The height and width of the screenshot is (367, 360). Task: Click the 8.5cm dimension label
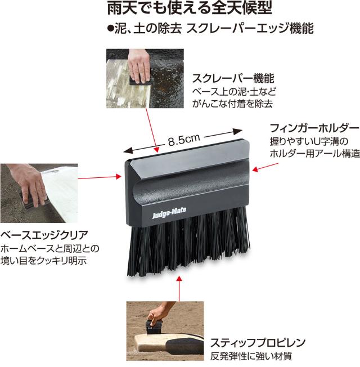pos(184,140)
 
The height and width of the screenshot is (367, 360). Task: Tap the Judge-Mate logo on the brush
pos(169,213)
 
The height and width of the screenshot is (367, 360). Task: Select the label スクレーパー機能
pos(233,78)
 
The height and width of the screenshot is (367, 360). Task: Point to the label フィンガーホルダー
pos(314,128)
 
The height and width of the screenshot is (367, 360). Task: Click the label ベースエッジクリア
pos(44,235)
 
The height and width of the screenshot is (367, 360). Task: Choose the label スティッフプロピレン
pos(258,343)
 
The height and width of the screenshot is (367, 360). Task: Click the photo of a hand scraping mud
pos(145,78)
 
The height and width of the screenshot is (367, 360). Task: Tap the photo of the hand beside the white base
pos(39,193)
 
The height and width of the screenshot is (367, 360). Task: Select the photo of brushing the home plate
pos(165,331)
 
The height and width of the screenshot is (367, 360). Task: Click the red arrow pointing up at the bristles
pos(179,288)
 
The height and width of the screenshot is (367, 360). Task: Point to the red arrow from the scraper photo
pos(152,131)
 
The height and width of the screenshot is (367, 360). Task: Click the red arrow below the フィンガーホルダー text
pos(265,167)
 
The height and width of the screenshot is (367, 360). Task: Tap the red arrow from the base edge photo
pos(100,177)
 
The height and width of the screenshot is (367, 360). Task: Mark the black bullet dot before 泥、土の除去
pos(110,28)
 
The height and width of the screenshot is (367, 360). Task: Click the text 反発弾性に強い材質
pos(251,356)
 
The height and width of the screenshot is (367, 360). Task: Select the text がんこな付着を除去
pos(232,104)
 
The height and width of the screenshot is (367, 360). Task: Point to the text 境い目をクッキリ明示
pos(43,261)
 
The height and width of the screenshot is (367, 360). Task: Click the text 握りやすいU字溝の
pos(309,141)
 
